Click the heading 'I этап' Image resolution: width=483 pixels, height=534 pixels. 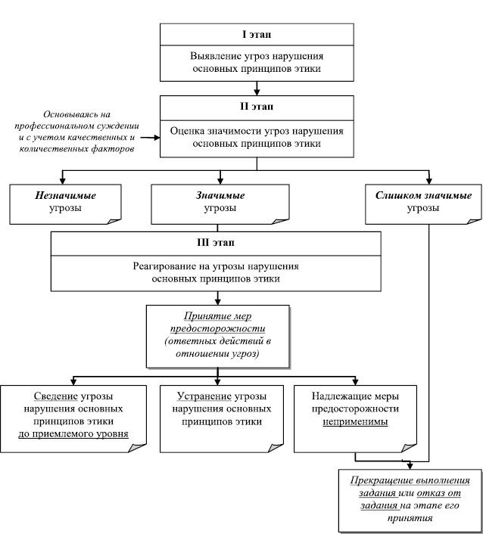coord(257,35)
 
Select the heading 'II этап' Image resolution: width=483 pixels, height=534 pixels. coord(257,107)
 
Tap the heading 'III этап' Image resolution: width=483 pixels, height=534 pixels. coord(215,243)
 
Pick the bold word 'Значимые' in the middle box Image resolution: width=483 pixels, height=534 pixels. coord(220,195)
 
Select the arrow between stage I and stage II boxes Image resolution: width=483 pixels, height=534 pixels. coord(257,88)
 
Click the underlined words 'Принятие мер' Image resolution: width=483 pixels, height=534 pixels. coord(217,317)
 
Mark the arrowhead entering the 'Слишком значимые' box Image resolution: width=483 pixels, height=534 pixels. coord(429,182)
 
